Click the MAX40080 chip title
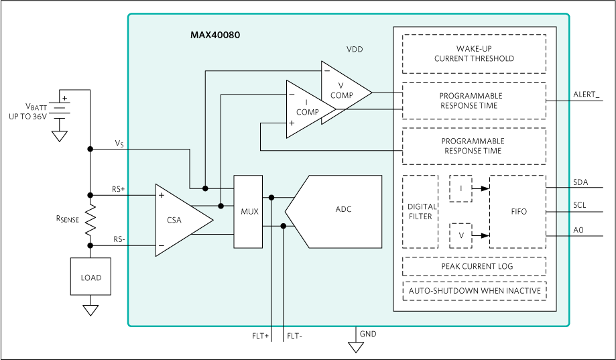pyautogui.click(x=214, y=34)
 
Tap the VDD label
pyautogui.click(x=355, y=50)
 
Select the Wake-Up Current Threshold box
pyautogui.click(x=474, y=54)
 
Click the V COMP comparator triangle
pyautogui.click(x=343, y=91)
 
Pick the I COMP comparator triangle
pyautogui.click(x=306, y=109)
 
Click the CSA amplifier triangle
pyautogui.click(x=179, y=219)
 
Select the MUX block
pyautogui.click(x=249, y=212)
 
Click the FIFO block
pyautogui.click(x=518, y=212)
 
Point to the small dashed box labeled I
pyautogui.click(x=460, y=188)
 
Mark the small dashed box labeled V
pyautogui.click(x=460, y=235)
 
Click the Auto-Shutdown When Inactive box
pyautogui.click(x=474, y=291)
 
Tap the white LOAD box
pyautogui.click(x=90, y=277)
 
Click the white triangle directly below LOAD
pyautogui.click(x=90, y=310)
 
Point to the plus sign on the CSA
pyautogui.click(x=161, y=196)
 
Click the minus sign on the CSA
pyautogui.click(x=161, y=246)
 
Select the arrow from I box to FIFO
pyautogui.click(x=481, y=188)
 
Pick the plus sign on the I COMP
pyautogui.click(x=292, y=123)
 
